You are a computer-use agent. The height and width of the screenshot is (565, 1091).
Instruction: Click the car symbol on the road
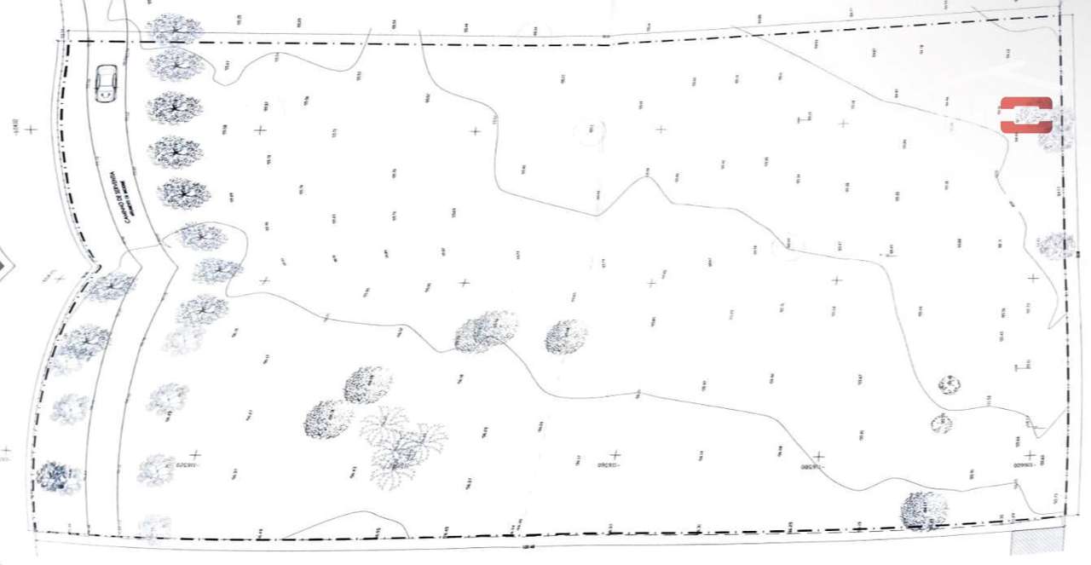coord(106,84)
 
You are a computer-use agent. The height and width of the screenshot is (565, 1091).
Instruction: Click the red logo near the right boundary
coord(1026,115)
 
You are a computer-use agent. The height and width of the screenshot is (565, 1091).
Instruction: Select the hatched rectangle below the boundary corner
coord(1036,539)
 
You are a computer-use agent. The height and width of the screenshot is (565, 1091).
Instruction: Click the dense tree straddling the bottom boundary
coord(924,510)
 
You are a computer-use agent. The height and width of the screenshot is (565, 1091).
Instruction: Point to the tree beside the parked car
coord(174,64)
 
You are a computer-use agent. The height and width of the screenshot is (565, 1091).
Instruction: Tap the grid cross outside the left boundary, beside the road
coord(31,130)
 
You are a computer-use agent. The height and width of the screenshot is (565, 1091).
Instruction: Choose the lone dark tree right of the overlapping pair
coord(566,337)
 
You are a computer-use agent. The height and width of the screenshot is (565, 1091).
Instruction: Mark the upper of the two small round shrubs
coord(950,384)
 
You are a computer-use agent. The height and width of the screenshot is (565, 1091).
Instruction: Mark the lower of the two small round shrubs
coord(941,423)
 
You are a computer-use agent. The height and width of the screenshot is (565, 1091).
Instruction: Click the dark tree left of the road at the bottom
coord(58,477)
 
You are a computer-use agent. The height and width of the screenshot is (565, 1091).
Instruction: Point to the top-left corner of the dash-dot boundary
coord(67,39)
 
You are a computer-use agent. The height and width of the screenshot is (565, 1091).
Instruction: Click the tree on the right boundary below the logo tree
coord(1054,245)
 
